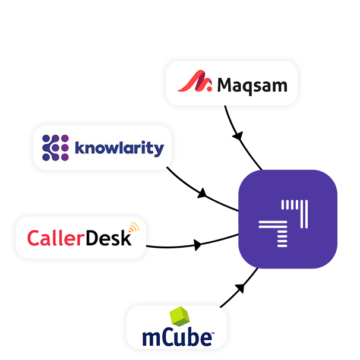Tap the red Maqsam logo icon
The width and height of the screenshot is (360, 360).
tap(195, 83)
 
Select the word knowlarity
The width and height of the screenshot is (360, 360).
tap(119, 147)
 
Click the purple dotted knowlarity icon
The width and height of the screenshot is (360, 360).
tap(56, 147)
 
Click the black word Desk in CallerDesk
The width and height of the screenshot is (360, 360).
tap(108, 238)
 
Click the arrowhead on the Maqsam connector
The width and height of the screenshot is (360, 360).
tap(238, 137)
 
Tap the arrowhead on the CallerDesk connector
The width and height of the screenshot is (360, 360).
tap(197, 244)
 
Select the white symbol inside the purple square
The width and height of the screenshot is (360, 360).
tap(284, 223)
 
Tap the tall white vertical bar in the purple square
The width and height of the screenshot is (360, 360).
tap(305, 214)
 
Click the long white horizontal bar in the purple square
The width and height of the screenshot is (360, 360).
tap(273, 225)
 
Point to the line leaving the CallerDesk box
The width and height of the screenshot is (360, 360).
tap(166, 246)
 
